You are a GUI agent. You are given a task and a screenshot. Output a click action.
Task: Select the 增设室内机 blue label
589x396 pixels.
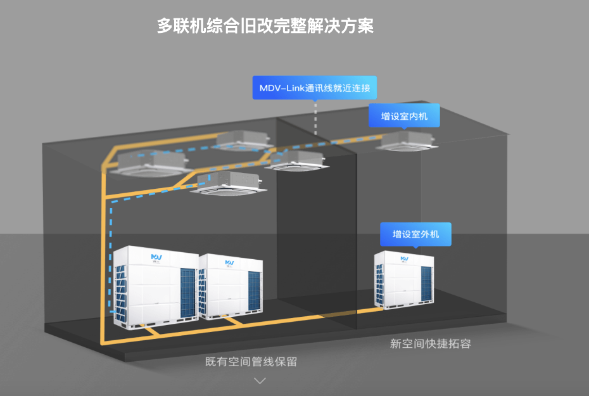point(404,117)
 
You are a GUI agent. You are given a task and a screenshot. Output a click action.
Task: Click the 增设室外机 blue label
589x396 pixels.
point(415,234)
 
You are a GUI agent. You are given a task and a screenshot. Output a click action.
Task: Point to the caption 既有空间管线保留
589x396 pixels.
point(251,362)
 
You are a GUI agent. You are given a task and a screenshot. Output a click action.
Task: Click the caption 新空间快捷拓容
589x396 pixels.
point(430,343)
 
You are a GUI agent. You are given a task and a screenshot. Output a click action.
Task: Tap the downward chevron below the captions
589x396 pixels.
point(260,380)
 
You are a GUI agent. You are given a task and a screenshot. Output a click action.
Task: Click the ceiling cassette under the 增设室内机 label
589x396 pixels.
point(407,141)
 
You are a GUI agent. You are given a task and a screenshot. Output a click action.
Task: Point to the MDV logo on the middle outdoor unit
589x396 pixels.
point(228,262)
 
